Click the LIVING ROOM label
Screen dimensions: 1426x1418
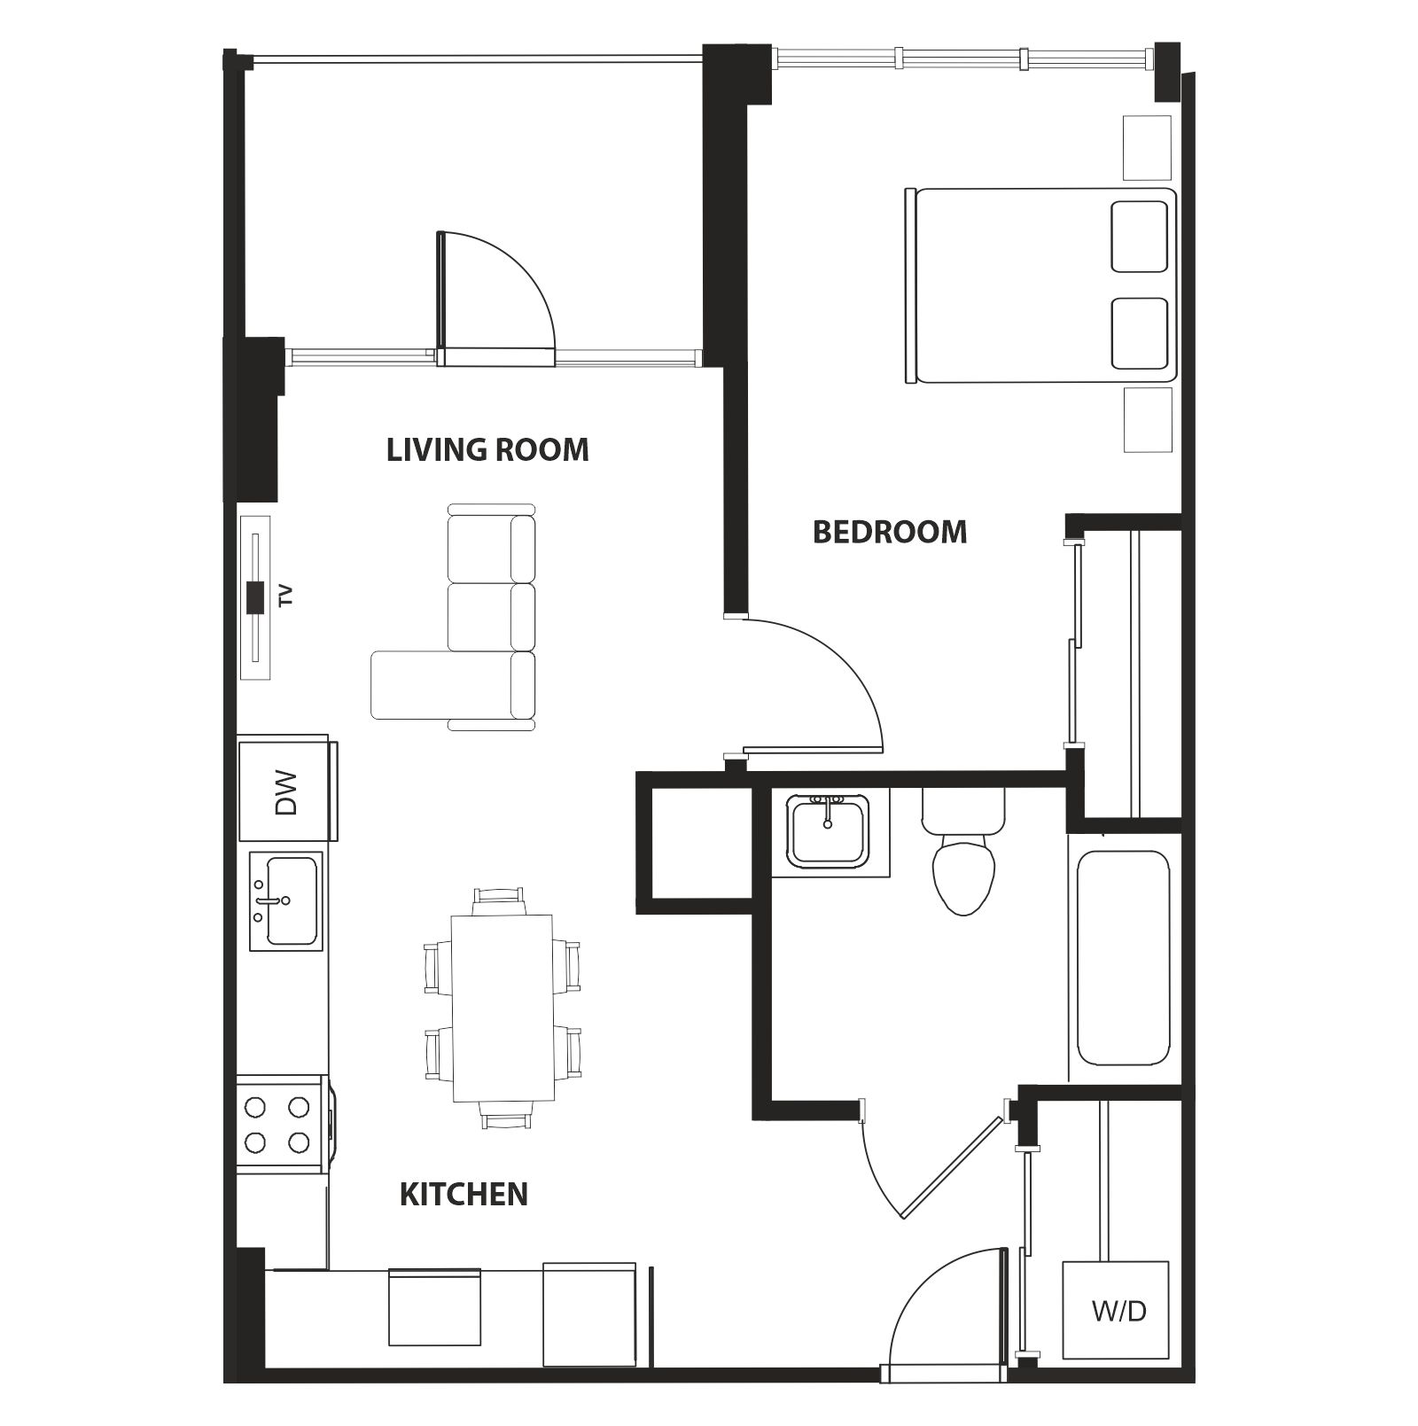tap(487, 450)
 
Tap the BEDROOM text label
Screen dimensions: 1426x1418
tap(889, 532)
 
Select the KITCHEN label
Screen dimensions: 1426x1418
tap(464, 1194)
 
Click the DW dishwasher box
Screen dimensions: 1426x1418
tap(284, 791)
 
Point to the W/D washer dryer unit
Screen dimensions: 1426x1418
tap(1115, 1310)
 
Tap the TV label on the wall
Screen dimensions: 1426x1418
tap(284, 596)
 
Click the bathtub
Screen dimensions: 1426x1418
tap(1123, 958)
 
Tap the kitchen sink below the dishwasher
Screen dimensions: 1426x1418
tap(285, 900)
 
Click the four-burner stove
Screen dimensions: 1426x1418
tap(278, 1124)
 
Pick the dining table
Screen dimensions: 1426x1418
tap(503, 1008)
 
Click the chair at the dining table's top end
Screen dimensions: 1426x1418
tap(499, 900)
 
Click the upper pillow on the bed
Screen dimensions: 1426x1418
tap(1139, 237)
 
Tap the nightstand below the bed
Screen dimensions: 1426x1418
tap(1148, 420)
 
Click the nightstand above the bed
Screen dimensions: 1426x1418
tap(1147, 148)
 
